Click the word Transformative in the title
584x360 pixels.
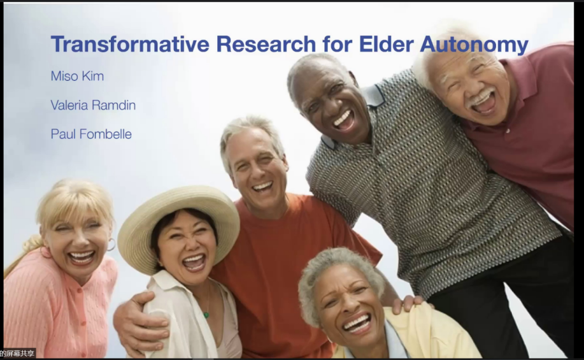(130, 43)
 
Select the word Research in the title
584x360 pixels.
(266, 43)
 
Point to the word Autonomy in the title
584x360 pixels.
(474, 45)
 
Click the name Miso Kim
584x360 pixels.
(77, 76)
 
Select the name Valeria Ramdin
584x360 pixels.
(93, 105)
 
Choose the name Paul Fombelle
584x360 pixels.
(91, 134)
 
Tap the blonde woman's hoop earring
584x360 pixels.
(111, 245)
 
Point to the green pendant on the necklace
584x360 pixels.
(206, 315)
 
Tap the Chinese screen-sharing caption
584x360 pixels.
(17, 353)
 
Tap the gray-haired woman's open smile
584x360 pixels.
(357, 322)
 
